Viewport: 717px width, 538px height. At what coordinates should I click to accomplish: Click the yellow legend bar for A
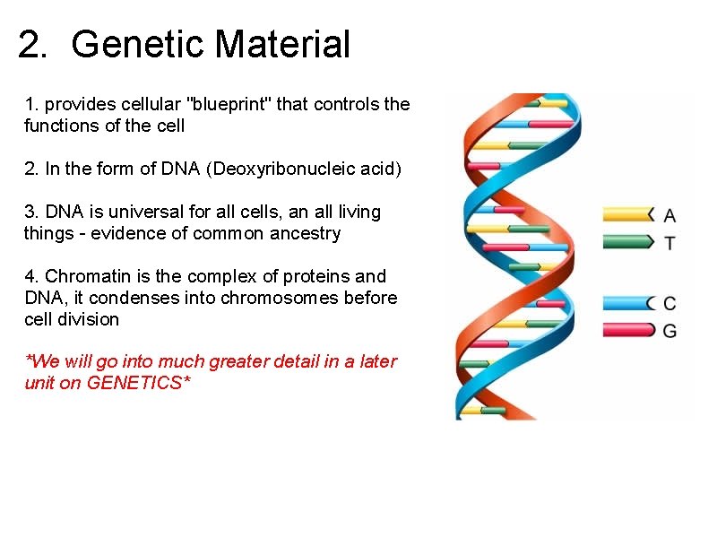coord(628,214)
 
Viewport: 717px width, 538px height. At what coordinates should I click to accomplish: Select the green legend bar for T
coord(628,240)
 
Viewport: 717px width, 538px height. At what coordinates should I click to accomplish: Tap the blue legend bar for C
coord(628,303)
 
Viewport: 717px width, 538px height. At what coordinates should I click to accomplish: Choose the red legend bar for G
coord(628,330)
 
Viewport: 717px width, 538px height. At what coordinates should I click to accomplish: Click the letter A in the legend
coord(669,215)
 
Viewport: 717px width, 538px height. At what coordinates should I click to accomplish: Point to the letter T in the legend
coord(669,242)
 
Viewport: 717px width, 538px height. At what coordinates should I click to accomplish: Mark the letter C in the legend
coord(669,304)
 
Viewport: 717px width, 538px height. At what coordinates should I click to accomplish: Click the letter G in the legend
coord(669,331)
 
